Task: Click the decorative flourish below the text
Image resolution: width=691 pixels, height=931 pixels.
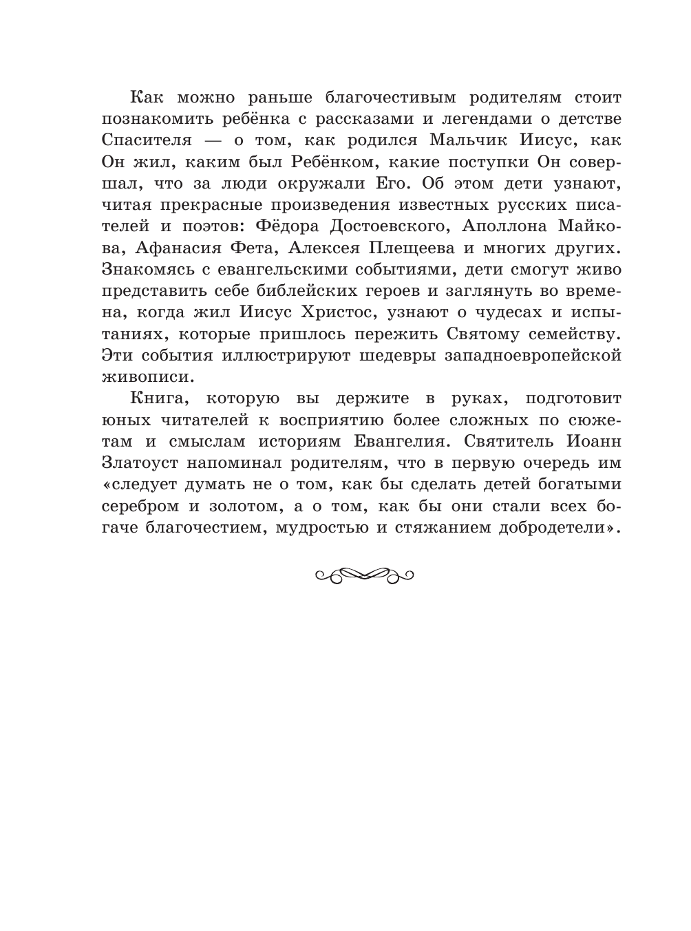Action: coord(363,574)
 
